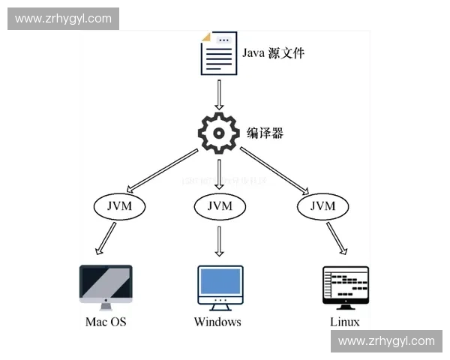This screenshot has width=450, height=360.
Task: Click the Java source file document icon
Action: tap(219, 53)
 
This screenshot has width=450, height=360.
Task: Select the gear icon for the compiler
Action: tap(218, 133)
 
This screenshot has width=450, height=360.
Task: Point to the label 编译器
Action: tap(265, 133)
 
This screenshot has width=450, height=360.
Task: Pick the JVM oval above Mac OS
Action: tap(118, 205)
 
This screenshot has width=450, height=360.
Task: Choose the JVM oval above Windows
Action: tap(218, 205)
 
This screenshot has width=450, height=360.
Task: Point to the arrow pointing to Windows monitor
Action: tap(219, 241)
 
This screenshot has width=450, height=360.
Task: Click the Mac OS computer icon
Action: tap(105, 286)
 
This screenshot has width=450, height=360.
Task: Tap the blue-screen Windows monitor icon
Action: tap(219, 286)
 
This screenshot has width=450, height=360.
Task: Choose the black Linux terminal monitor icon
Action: tap(345, 286)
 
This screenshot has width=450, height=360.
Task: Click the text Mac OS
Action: tap(105, 322)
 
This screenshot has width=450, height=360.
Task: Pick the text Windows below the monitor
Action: tap(217, 322)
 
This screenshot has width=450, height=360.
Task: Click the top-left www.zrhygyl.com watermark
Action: tap(63, 18)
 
